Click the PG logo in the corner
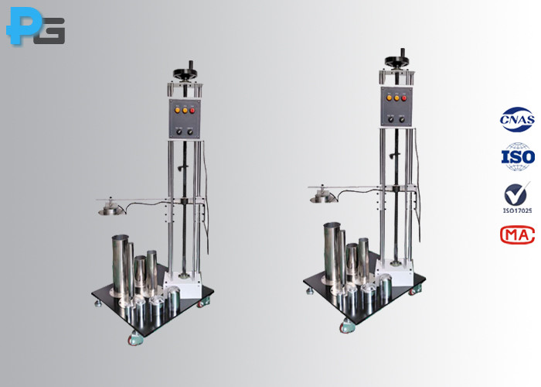click(x=35, y=29)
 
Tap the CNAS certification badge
click(x=516, y=122)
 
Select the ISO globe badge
click(x=518, y=157)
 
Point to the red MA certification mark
click(x=517, y=233)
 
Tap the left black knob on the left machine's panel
click(x=178, y=132)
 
